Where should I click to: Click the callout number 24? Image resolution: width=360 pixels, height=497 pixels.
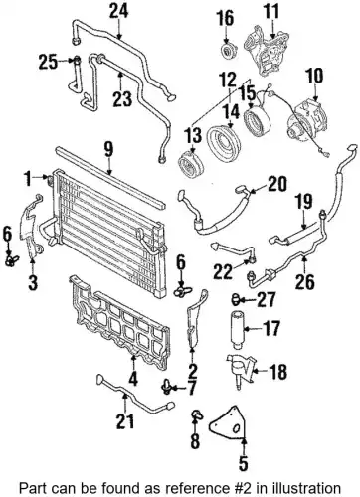(x=119, y=12)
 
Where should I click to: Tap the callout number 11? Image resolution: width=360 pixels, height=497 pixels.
(x=271, y=12)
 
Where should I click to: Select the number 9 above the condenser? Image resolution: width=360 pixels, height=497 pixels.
(x=108, y=150)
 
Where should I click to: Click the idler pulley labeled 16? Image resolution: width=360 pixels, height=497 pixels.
(x=227, y=52)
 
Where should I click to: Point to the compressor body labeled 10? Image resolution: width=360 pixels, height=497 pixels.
(x=305, y=118)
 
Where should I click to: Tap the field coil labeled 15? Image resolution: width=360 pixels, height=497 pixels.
(x=257, y=121)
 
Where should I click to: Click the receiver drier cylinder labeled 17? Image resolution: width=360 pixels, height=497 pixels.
(x=239, y=329)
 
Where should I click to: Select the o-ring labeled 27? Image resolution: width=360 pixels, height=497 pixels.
(x=236, y=299)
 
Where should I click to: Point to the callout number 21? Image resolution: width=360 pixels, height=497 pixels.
(x=125, y=421)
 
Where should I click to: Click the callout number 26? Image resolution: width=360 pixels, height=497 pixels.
(x=304, y=282)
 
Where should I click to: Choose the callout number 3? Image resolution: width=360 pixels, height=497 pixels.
(x=33, y=282)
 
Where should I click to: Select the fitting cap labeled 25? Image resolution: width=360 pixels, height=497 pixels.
(x=77, y=61)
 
